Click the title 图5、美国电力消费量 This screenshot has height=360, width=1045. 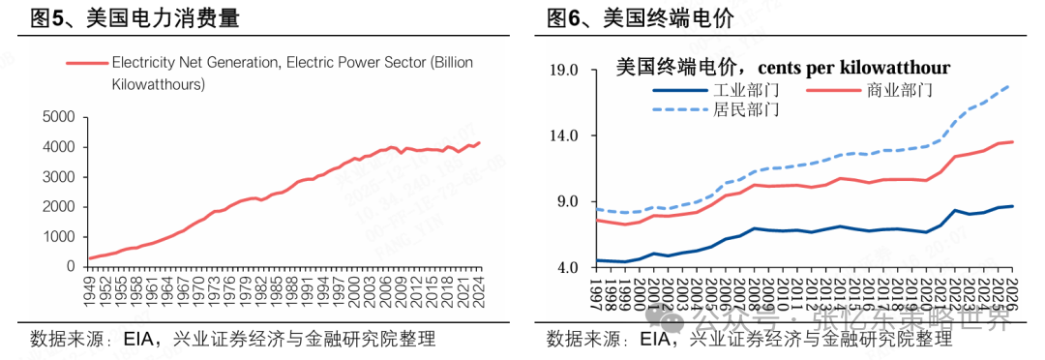click(135, 18)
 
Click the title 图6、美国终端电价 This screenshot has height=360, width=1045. click(640, 18)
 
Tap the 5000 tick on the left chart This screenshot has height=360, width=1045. click(58, 117)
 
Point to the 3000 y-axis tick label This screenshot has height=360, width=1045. click(58, 177)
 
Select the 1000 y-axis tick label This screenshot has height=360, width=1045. click(58, 237)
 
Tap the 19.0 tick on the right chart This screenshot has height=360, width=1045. click(562, 71)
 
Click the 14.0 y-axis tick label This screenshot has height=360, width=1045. click(562, 136)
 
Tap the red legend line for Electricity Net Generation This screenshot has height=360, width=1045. click(87, 63)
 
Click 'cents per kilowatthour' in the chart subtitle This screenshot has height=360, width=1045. click(853, 68)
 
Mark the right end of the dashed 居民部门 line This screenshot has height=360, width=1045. click(1011, 85)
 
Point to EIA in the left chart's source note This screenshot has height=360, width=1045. click(140, 339)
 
